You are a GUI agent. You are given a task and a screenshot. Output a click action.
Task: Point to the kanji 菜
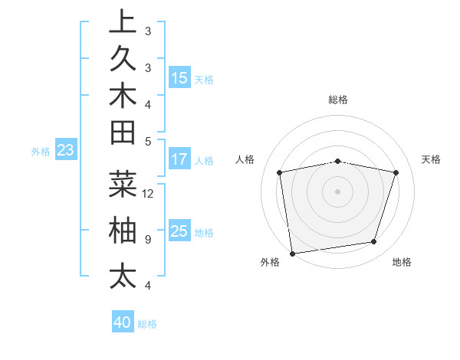(x=123, y=185)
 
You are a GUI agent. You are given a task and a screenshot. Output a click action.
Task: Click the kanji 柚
(x=123, y=231)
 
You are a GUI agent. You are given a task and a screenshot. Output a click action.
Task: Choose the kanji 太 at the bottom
(x=123, y=276)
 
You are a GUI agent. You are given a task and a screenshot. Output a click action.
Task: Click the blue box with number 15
(x=179, y=77)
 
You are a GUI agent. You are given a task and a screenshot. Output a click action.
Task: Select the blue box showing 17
(x=179, y=160)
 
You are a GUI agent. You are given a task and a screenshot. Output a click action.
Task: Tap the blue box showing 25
(x=179, y=231)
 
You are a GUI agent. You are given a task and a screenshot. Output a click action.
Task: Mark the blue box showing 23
(x=65, y=151)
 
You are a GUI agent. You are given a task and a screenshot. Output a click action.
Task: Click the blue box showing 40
(x=123, y=322)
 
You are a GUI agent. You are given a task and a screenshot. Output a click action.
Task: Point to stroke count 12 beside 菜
(x=148, y=193)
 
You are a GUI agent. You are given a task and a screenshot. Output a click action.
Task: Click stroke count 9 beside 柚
(x=148, y=239)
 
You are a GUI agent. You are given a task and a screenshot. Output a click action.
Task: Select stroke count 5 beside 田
(x=148, y=141)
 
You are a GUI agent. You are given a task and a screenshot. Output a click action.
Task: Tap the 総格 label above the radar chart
(x=338, y=100)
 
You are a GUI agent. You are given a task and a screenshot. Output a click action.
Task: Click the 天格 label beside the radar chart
(x=431, y=159)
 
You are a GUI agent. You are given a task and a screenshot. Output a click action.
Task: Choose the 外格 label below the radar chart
(x=270, y=263)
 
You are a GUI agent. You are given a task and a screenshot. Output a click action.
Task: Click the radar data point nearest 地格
(x=374, y=242)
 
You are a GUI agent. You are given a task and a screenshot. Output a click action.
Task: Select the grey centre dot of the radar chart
(x=338, y=191)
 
